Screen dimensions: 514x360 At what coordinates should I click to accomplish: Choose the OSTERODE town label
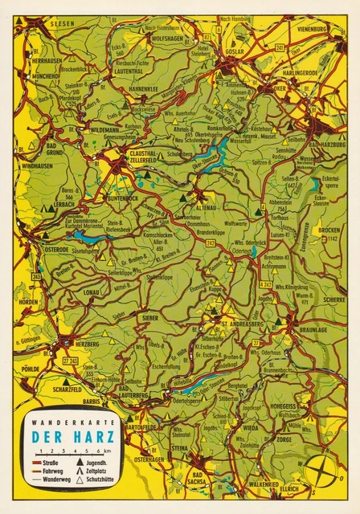pos(56,249)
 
